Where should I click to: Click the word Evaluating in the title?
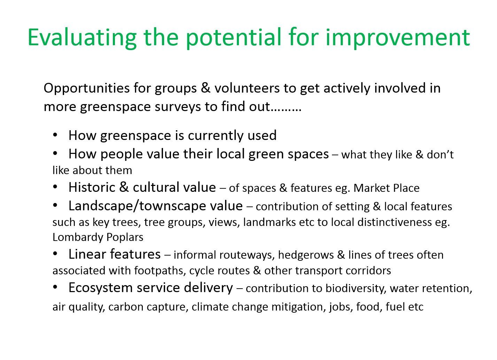pyautogui.click(x=82, y=38)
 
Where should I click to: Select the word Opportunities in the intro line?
pyautogui.click(x=87, y=89)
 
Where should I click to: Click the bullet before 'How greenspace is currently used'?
pyautogui.click(x=55, y=135)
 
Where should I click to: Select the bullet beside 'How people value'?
pyautogui.click(x=55, y=154)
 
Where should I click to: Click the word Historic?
pyautogui.click(x=92, y=187)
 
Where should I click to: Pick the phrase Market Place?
pyautogui.click(x=386, y=188)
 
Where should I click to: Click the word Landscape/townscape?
pyautogui.click(x=156, y=206)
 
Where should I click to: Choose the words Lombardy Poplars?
pyautogui.click(x=98, y=237)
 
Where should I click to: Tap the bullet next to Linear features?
pyautogui.click(x=55, y=254)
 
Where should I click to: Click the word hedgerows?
pyautogui.click(x=306, y=255)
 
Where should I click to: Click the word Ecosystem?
pyautogui.click(x=101, y=288)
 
